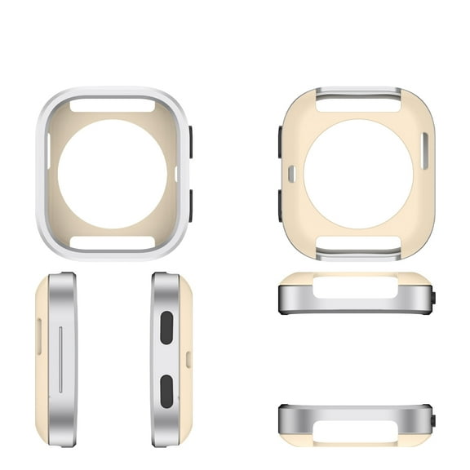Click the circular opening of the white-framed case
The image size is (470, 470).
click(x=113, y=175)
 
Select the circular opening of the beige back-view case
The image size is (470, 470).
click(x=358, y=174)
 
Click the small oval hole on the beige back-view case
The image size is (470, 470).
click(x=291, y=173)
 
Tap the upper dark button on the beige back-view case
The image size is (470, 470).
click(x=280, y=142)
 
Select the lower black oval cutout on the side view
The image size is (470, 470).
click(x=166, y=392)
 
